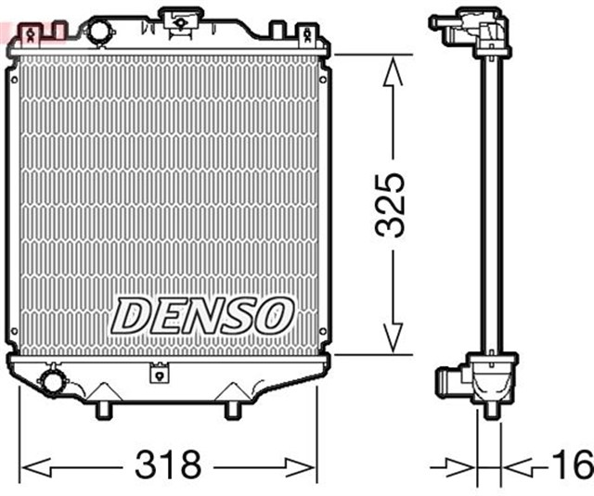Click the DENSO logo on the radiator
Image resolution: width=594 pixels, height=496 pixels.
click(x=202, y=316)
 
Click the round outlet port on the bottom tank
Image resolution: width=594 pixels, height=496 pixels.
click(x=52, y=380)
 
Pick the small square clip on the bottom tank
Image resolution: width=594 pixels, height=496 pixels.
click(x=159, y=375)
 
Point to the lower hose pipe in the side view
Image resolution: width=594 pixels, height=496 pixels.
click(x=448, y=380)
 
